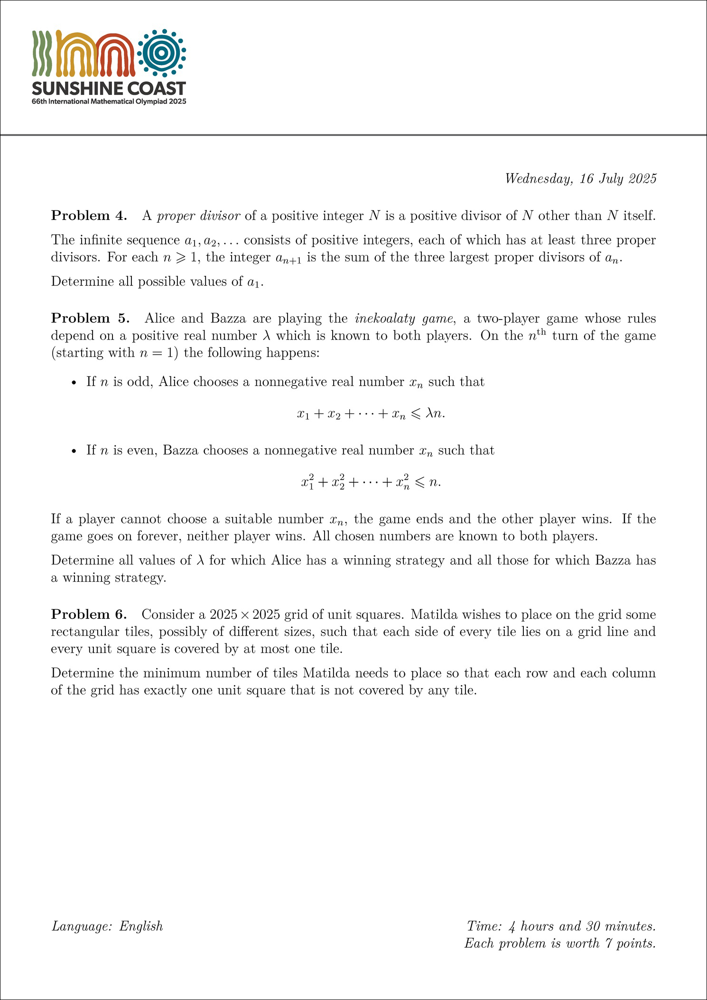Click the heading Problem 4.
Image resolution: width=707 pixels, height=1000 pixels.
[89, 216]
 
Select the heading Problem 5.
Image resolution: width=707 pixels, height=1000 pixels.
[90, 318]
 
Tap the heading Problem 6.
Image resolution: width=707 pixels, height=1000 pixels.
[89, 614]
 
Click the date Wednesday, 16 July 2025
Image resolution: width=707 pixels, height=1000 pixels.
[580, 179]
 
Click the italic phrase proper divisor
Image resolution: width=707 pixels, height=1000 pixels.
[198, 216]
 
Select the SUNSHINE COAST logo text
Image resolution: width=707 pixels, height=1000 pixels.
[109, 88]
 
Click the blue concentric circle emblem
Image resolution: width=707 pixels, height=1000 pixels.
[161, 53]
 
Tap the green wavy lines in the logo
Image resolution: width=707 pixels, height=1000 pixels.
[42, 53]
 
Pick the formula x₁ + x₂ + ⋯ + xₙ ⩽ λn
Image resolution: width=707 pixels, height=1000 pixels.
[371, 414]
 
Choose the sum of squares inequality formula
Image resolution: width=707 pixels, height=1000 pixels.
[371, 482]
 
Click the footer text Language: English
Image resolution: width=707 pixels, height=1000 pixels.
[107, 926]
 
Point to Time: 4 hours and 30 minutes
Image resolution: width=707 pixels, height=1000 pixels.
[561, 926]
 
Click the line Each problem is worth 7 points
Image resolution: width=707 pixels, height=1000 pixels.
[560, 943]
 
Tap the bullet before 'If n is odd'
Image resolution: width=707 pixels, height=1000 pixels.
[74, 383]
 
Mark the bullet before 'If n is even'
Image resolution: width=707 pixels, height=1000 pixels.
[74, 451]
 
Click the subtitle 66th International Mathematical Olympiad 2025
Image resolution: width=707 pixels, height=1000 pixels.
[109, 102]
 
